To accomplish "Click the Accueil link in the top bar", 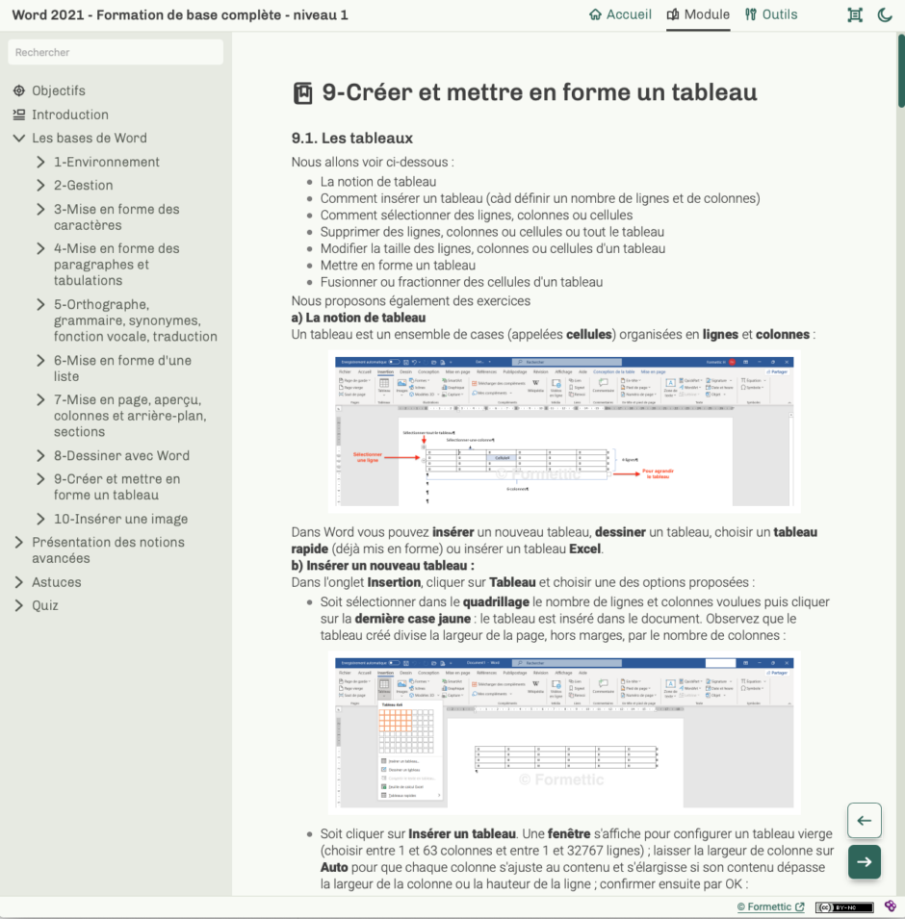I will pos(621,14).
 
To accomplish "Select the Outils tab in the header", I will pos(771,14).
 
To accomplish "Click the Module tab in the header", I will pos(698,14).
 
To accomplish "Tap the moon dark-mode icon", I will pos(885,14).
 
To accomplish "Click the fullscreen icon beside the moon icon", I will pos(854,14).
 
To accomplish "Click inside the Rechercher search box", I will pos(116,52).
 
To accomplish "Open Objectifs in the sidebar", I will pos(58,90).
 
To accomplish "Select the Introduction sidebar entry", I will pos(69,115).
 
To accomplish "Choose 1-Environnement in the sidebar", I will pos(106,162).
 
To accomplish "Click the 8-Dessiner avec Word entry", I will pos(121,455).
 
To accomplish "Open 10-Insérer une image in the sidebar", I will pos(120,519).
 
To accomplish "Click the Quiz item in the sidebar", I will pos(44,605).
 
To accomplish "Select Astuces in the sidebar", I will pos(56,582).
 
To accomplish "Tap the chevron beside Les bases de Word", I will pos(18,139).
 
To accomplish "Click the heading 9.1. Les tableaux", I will pos(351,138).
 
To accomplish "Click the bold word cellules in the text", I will pos(588,334).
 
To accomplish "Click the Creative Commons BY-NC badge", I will pos(843,906).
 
